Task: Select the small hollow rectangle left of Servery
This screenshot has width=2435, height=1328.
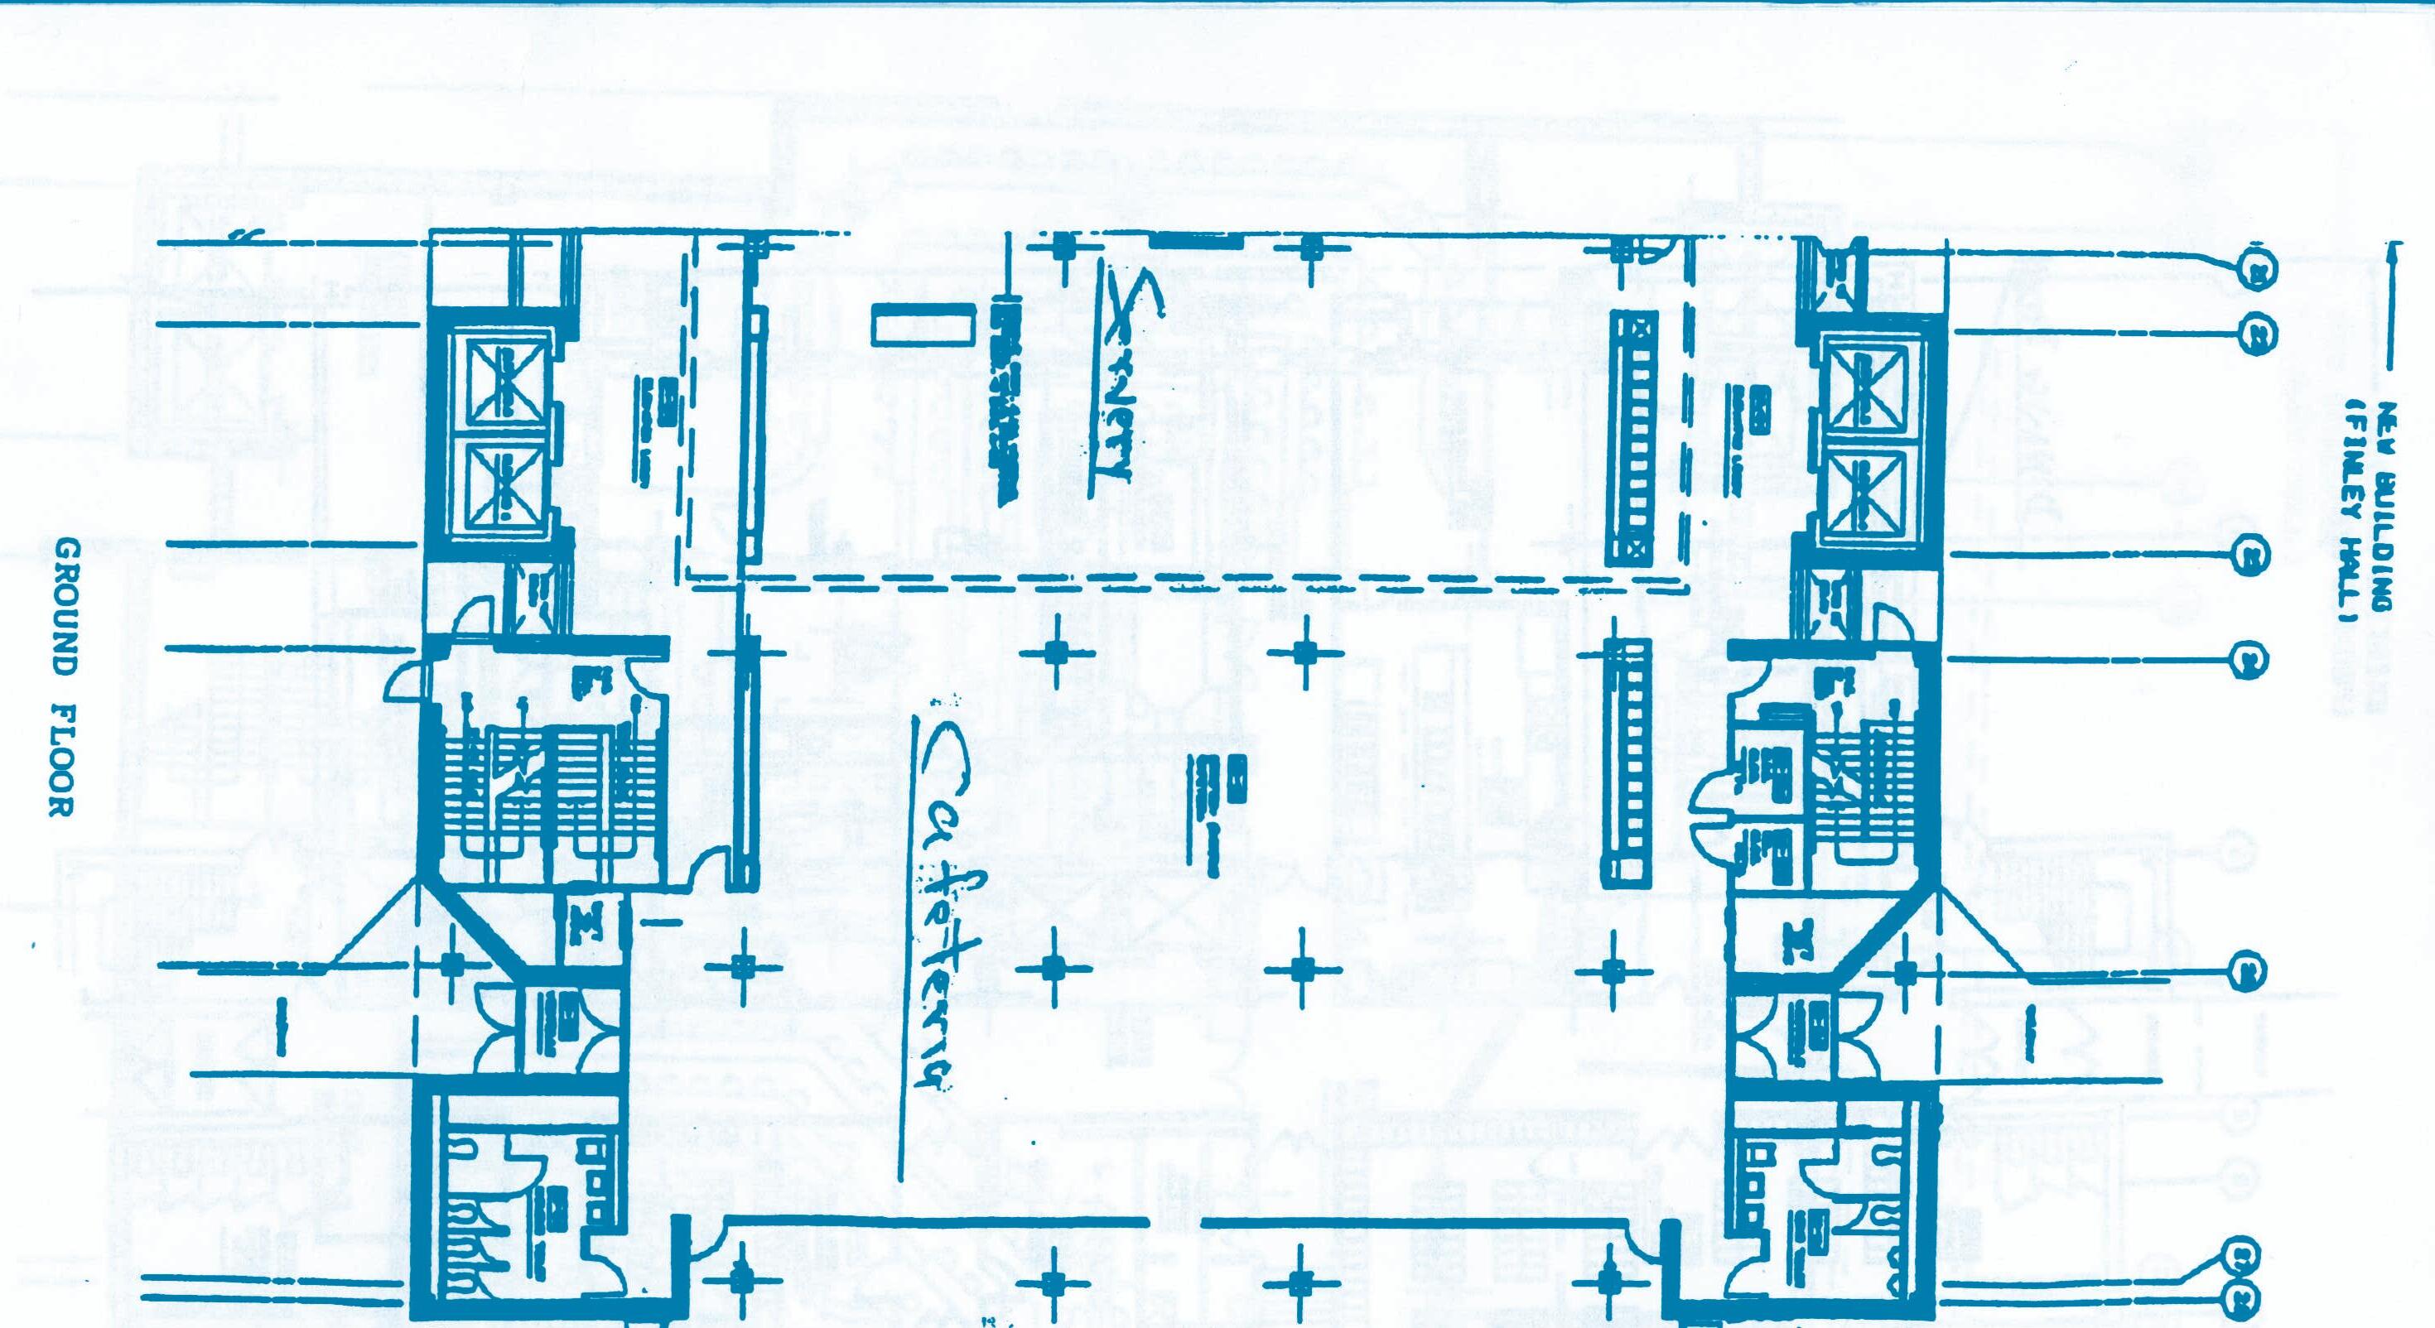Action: point(923,327)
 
